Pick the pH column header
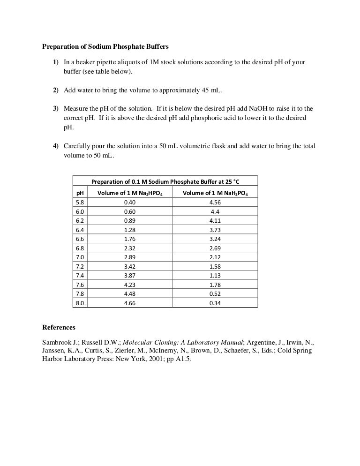80,193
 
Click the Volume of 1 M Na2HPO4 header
129,193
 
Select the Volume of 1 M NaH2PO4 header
215,193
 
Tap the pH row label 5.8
80,202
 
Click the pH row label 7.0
80,257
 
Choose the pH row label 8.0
80,303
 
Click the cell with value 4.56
215,202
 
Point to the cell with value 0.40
129,202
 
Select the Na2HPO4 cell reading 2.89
129,257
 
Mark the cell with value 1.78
215,285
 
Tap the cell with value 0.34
215,303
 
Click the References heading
59,327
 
